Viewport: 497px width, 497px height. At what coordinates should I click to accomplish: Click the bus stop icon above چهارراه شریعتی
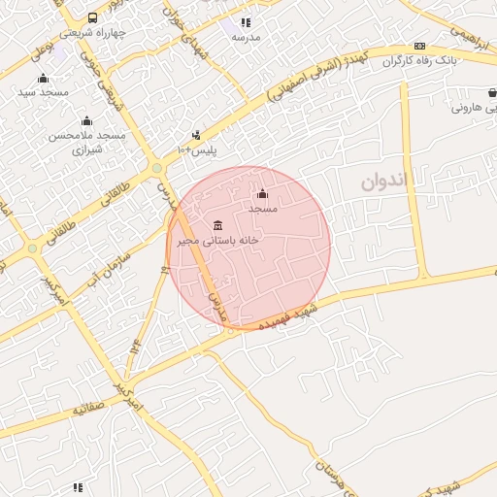pos(92,17)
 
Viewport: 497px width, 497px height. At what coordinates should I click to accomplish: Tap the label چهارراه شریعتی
pos(93,32)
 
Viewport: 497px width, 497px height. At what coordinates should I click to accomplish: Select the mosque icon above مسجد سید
pos(42,79)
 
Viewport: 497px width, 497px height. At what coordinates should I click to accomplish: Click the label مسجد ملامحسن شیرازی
pos(87,142)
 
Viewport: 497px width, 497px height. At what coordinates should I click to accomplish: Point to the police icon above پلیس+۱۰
pos(197,135)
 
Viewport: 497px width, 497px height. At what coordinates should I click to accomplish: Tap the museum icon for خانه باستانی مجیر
pos(216,224)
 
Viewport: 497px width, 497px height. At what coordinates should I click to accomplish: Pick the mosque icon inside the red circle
pos(262,194)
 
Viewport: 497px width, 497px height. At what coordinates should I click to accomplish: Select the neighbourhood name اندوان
pos(387,181)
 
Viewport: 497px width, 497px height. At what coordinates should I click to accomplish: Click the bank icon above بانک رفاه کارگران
pos(419,46)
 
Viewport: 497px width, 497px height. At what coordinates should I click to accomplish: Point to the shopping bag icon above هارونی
pos(492,93)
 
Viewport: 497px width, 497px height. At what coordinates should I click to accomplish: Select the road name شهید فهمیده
pos(292,315)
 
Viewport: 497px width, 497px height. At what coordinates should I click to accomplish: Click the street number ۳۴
pos(136,344)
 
